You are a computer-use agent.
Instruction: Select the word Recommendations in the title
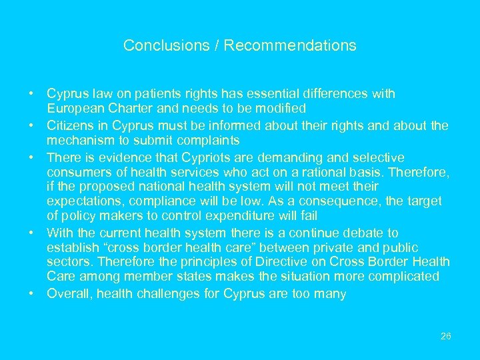(290, 46)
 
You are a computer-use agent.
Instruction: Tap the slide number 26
(446, 336)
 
